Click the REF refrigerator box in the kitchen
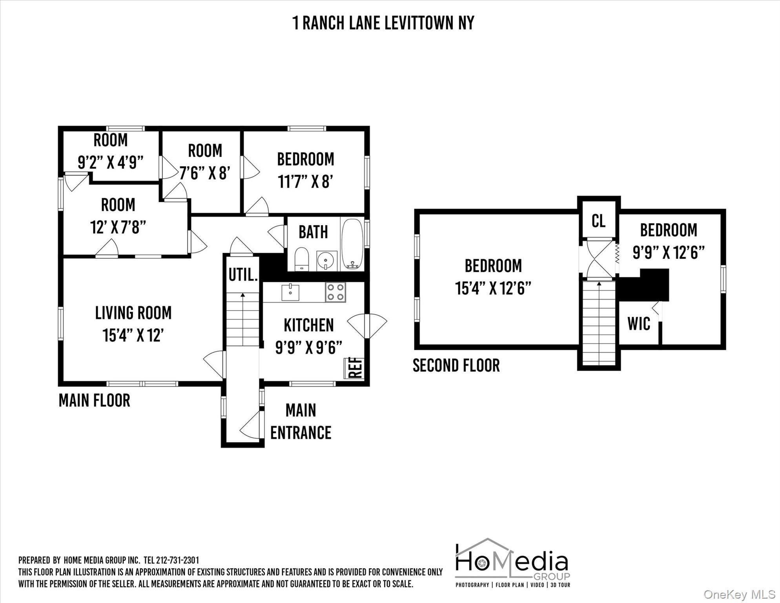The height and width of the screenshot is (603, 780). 354,368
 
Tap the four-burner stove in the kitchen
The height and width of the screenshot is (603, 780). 335,292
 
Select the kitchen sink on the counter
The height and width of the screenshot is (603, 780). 290,292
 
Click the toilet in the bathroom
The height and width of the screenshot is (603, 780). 301,259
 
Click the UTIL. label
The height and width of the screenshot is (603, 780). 243,275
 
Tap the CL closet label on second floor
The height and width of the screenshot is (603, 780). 598,221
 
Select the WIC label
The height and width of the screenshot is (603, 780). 639,324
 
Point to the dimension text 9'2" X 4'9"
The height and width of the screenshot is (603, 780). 111,162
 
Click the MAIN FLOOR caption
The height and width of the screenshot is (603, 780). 94,401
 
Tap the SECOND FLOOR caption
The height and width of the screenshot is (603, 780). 456,366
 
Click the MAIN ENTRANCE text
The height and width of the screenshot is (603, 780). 301,422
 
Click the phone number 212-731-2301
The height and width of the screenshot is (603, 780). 177,560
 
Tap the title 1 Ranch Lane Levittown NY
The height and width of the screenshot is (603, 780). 383,23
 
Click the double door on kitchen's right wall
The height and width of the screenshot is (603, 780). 367,326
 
